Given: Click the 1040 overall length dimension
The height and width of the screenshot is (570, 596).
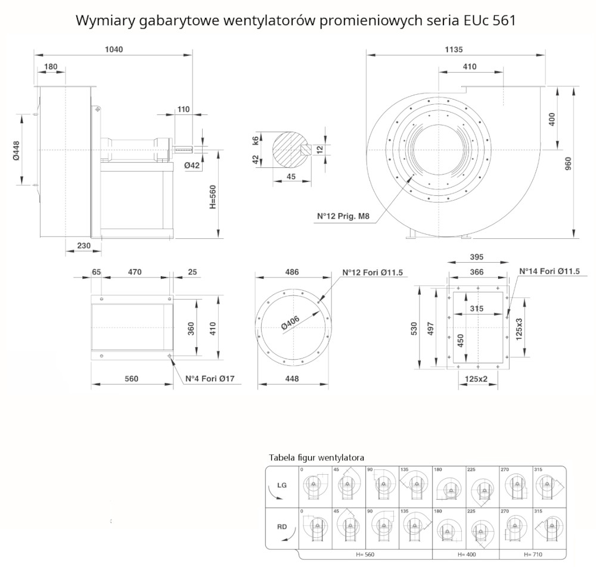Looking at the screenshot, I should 113,50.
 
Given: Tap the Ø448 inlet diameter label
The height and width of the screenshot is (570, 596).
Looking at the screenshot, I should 17,150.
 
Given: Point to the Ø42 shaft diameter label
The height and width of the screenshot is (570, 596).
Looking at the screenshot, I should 191,165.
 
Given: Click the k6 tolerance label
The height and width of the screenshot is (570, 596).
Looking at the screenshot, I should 256,141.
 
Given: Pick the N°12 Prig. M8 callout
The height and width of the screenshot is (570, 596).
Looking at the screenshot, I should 346,217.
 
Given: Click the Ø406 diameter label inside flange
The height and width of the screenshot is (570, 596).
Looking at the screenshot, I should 290,323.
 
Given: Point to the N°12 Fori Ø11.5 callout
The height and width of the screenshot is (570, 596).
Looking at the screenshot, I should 373,272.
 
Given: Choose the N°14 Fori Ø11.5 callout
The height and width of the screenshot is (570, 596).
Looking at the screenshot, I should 550,271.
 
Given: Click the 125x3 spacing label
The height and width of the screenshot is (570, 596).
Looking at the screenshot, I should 519,329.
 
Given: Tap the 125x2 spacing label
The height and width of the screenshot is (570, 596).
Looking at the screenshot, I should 476,379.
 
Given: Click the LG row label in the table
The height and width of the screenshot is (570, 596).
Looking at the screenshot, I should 283,485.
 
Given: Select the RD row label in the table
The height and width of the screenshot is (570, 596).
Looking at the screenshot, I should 283,527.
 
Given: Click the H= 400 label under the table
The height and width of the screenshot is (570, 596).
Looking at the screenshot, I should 467,555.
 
